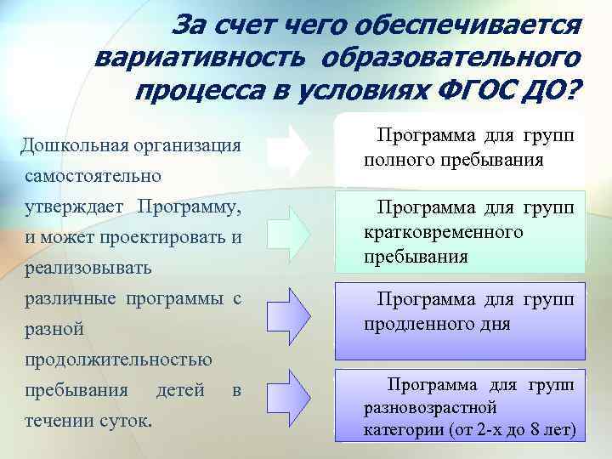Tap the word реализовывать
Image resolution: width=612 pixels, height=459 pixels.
click(x=88, y=267)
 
